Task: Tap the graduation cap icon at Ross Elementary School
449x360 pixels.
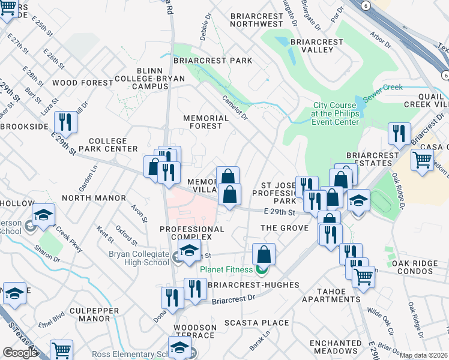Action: tap(179, 347)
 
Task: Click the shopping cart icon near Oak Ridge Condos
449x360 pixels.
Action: tap(363, 278)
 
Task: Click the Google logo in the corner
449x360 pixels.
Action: tap(20, 352)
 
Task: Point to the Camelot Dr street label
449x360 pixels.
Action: tap(235, 107)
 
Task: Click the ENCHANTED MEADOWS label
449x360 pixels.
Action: tap(334, 346)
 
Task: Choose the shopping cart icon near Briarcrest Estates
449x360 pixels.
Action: tap(423, 160)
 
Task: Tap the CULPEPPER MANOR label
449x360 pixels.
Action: tap(79, 315)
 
